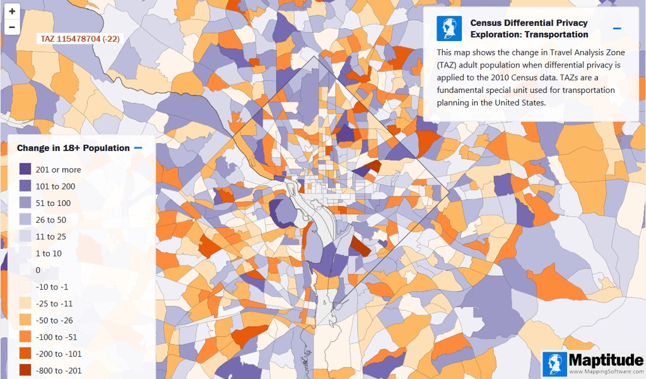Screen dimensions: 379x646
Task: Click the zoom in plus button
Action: click(12, 11)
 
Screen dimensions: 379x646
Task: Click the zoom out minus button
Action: click(12, 27)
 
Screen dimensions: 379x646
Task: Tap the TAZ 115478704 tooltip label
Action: click(80, 39)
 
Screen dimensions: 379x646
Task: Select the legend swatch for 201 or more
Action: click(25, 169)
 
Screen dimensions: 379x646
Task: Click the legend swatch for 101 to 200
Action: click(25, 186)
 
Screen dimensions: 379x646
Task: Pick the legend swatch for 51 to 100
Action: click(25, 203)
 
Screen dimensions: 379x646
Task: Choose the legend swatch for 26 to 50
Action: click(25, 220)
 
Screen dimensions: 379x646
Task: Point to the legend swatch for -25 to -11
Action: click(25, 303)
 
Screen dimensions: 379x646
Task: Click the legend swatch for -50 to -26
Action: click(25, 320)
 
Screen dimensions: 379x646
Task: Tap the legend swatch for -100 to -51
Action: click(25, 337)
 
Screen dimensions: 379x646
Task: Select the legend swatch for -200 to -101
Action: click(25, 354)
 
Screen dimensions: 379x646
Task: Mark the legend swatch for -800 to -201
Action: click(25, 370)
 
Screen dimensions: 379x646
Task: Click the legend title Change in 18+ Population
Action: click(73, 148)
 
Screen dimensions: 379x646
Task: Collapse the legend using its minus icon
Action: click(138, 148)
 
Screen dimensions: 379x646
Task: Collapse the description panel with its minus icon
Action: click(617, 28)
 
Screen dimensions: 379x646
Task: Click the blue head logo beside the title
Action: click(449, 28)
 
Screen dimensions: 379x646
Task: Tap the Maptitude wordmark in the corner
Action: click(606, 359)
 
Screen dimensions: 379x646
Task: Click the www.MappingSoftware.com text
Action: click(606, 371)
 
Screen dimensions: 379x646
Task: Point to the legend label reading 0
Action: click(38, 270)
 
